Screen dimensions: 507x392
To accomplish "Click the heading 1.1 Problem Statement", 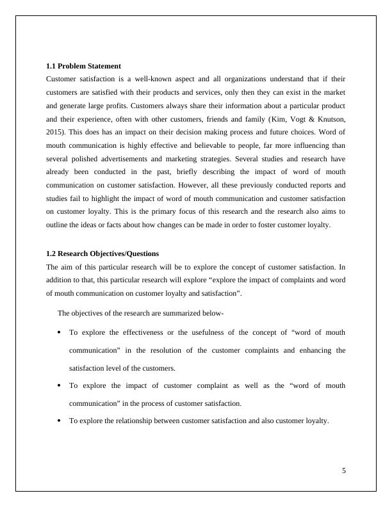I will coord(84,66).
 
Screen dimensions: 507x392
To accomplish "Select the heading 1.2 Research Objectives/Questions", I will coord(102,253).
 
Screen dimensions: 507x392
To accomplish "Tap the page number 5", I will coord(344,471).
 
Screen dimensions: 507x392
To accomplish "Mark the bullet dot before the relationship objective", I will coord(60,421).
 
